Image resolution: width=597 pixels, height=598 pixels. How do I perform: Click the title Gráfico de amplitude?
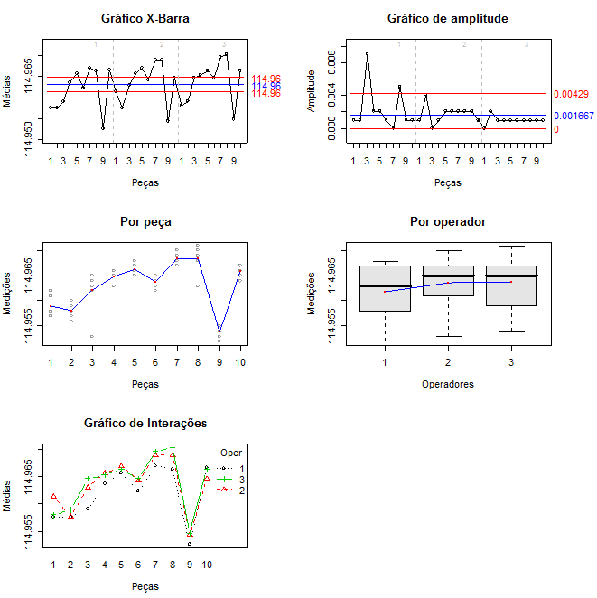447,18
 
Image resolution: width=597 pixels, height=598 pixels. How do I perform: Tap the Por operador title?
447,221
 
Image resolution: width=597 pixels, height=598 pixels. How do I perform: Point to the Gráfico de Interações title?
145,423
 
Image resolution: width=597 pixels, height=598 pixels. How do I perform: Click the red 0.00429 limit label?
571,94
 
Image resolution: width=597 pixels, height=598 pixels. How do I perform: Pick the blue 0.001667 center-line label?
574,116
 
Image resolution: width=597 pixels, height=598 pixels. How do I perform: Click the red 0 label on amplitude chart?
555,129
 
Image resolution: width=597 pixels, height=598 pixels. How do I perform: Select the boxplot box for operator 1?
385,288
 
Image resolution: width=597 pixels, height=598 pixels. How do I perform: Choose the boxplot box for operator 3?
511,285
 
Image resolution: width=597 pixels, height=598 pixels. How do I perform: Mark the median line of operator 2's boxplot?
448,276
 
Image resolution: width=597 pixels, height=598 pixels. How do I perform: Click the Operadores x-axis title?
447,383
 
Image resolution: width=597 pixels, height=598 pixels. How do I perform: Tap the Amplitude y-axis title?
312,89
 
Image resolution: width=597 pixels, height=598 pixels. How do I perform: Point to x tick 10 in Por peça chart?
239,361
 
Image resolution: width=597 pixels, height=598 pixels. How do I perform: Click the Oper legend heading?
231,452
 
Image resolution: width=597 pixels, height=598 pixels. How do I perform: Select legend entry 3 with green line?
232,478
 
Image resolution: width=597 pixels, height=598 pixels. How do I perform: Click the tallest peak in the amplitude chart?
367,54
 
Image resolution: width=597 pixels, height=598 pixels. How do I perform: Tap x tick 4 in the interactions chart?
105,564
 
